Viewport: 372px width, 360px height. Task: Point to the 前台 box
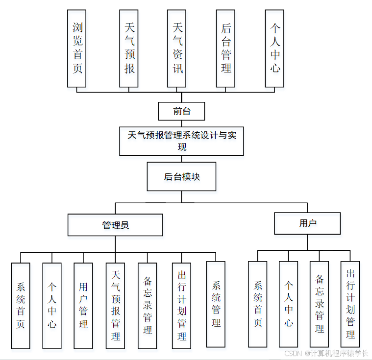pos(181,111)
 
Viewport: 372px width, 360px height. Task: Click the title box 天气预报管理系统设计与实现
pos(181,141)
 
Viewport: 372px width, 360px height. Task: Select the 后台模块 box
pos(181,177)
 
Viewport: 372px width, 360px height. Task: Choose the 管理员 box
pos(115,225)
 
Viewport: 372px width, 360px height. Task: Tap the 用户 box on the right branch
pos(307,223)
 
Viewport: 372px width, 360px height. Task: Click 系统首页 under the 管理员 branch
pos(21,306)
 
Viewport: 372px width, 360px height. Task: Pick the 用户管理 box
pos(83,306)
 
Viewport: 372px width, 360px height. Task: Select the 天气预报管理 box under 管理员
pos(115,306)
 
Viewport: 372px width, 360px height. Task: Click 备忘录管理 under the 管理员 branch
pos(147,306)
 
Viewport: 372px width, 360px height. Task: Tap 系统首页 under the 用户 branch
pos(257,304)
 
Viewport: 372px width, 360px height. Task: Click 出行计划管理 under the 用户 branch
pos(350,304)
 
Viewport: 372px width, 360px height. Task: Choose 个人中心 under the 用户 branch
pos(289,304)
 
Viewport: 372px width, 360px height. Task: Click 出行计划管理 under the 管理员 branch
pos(181,306)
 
